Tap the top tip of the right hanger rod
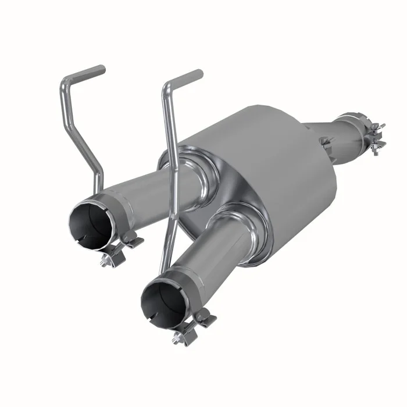point(200,73)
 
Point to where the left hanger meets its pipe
point(100,190)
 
